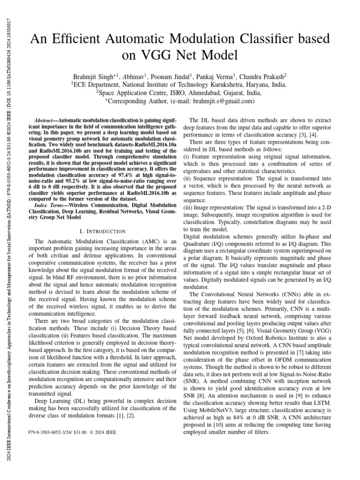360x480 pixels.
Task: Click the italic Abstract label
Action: pyautogui.click(x=46, y=120)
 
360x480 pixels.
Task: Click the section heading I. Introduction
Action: pyautogui.click(x=103, y=231)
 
